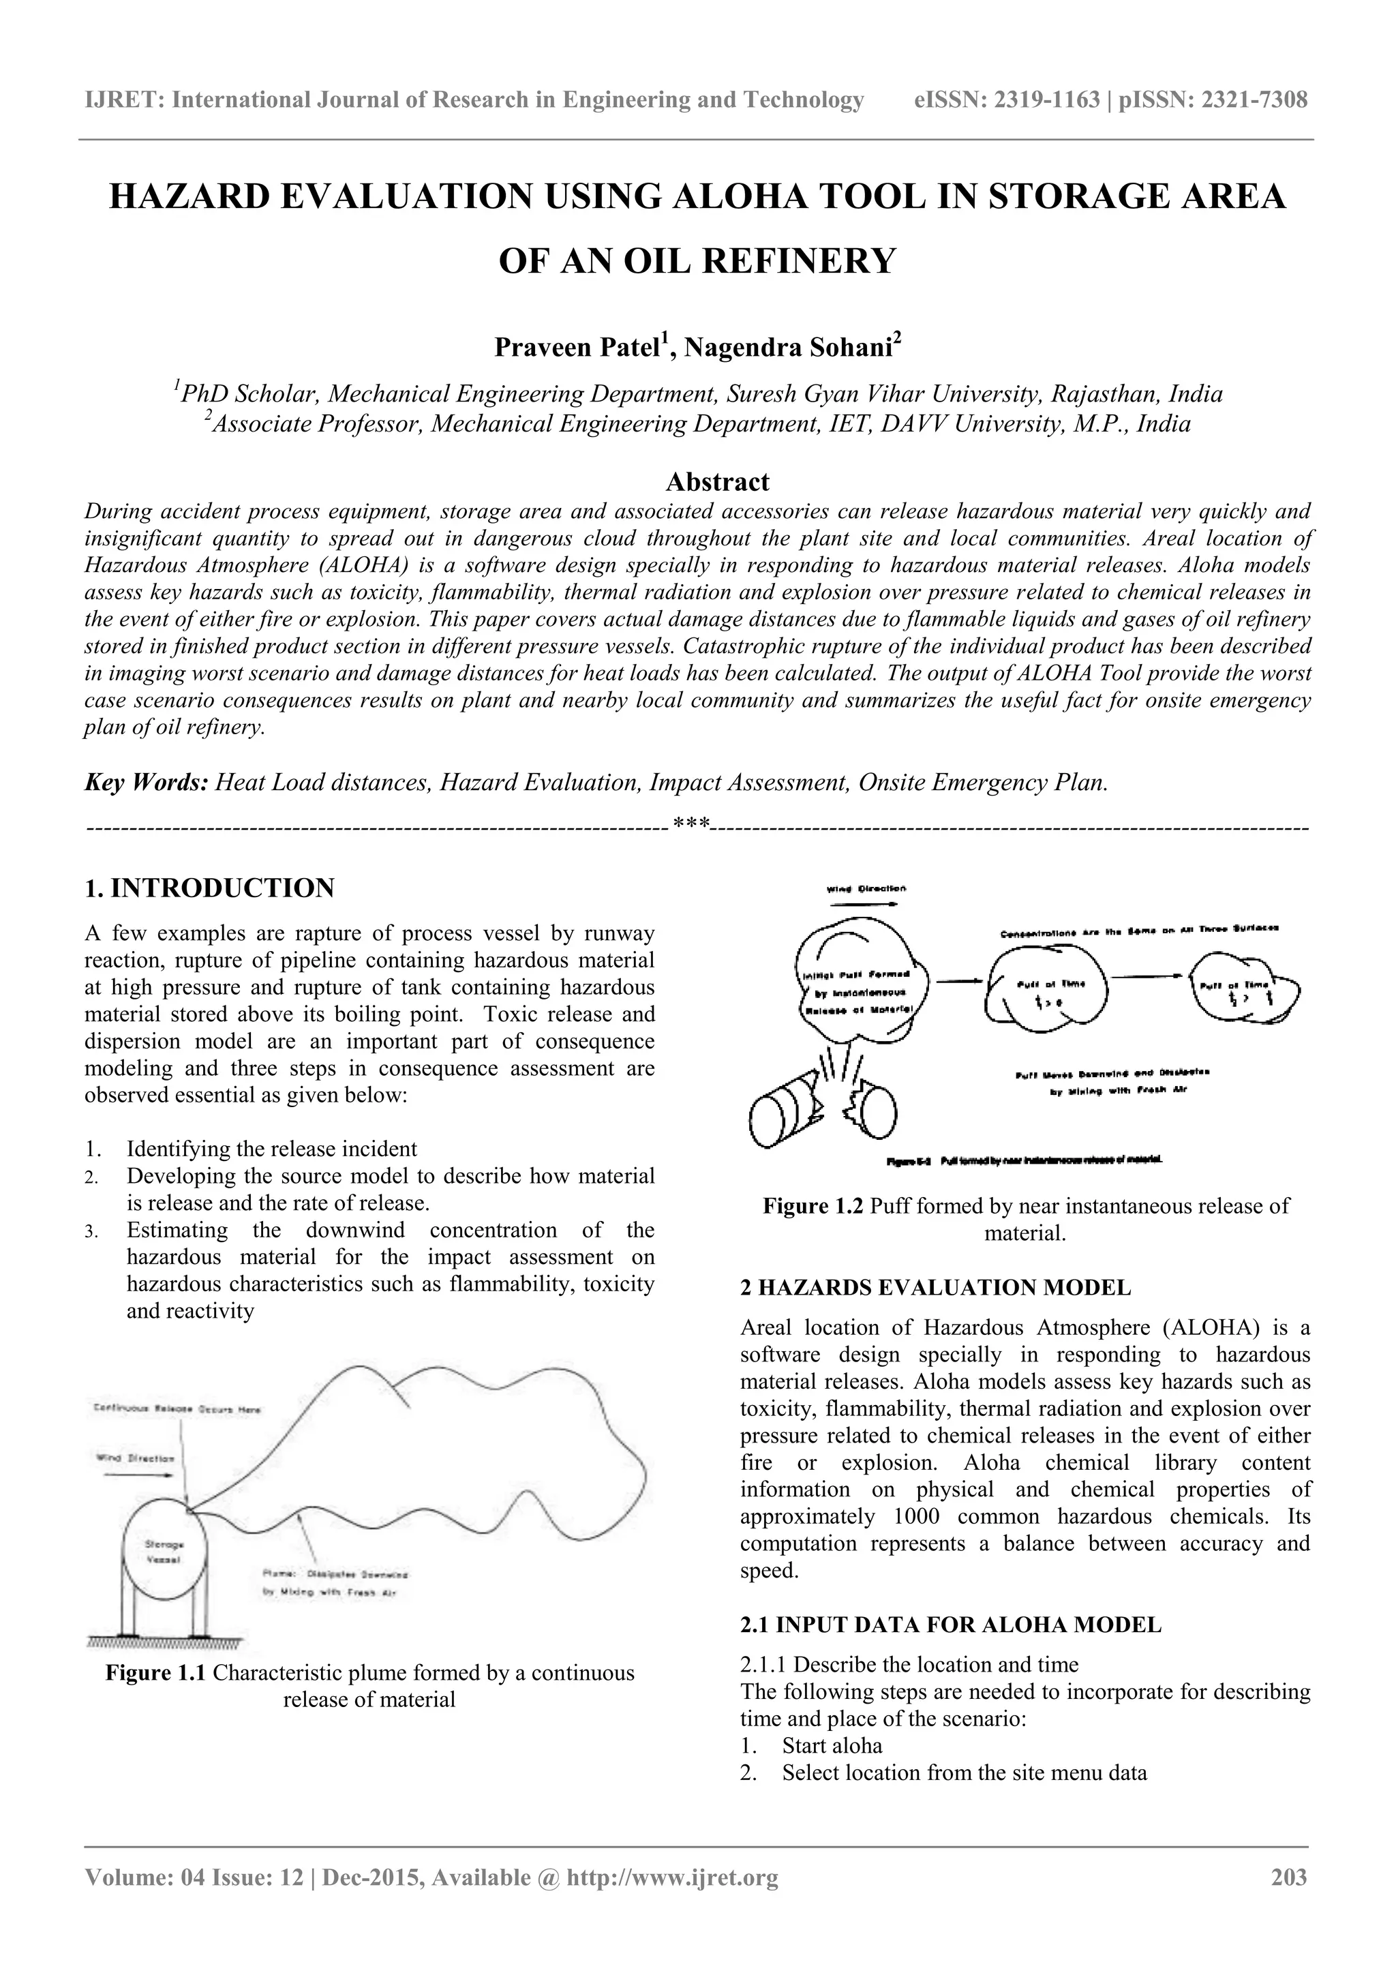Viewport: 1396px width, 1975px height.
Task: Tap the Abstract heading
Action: point(717,482)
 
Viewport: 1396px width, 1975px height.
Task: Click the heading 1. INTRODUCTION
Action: point(209,888)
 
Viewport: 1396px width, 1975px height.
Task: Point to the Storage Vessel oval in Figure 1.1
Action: point(164,1552)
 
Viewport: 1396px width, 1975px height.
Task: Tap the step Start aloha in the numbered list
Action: point(832,1745)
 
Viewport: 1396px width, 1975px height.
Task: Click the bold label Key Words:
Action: point(147,783)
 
